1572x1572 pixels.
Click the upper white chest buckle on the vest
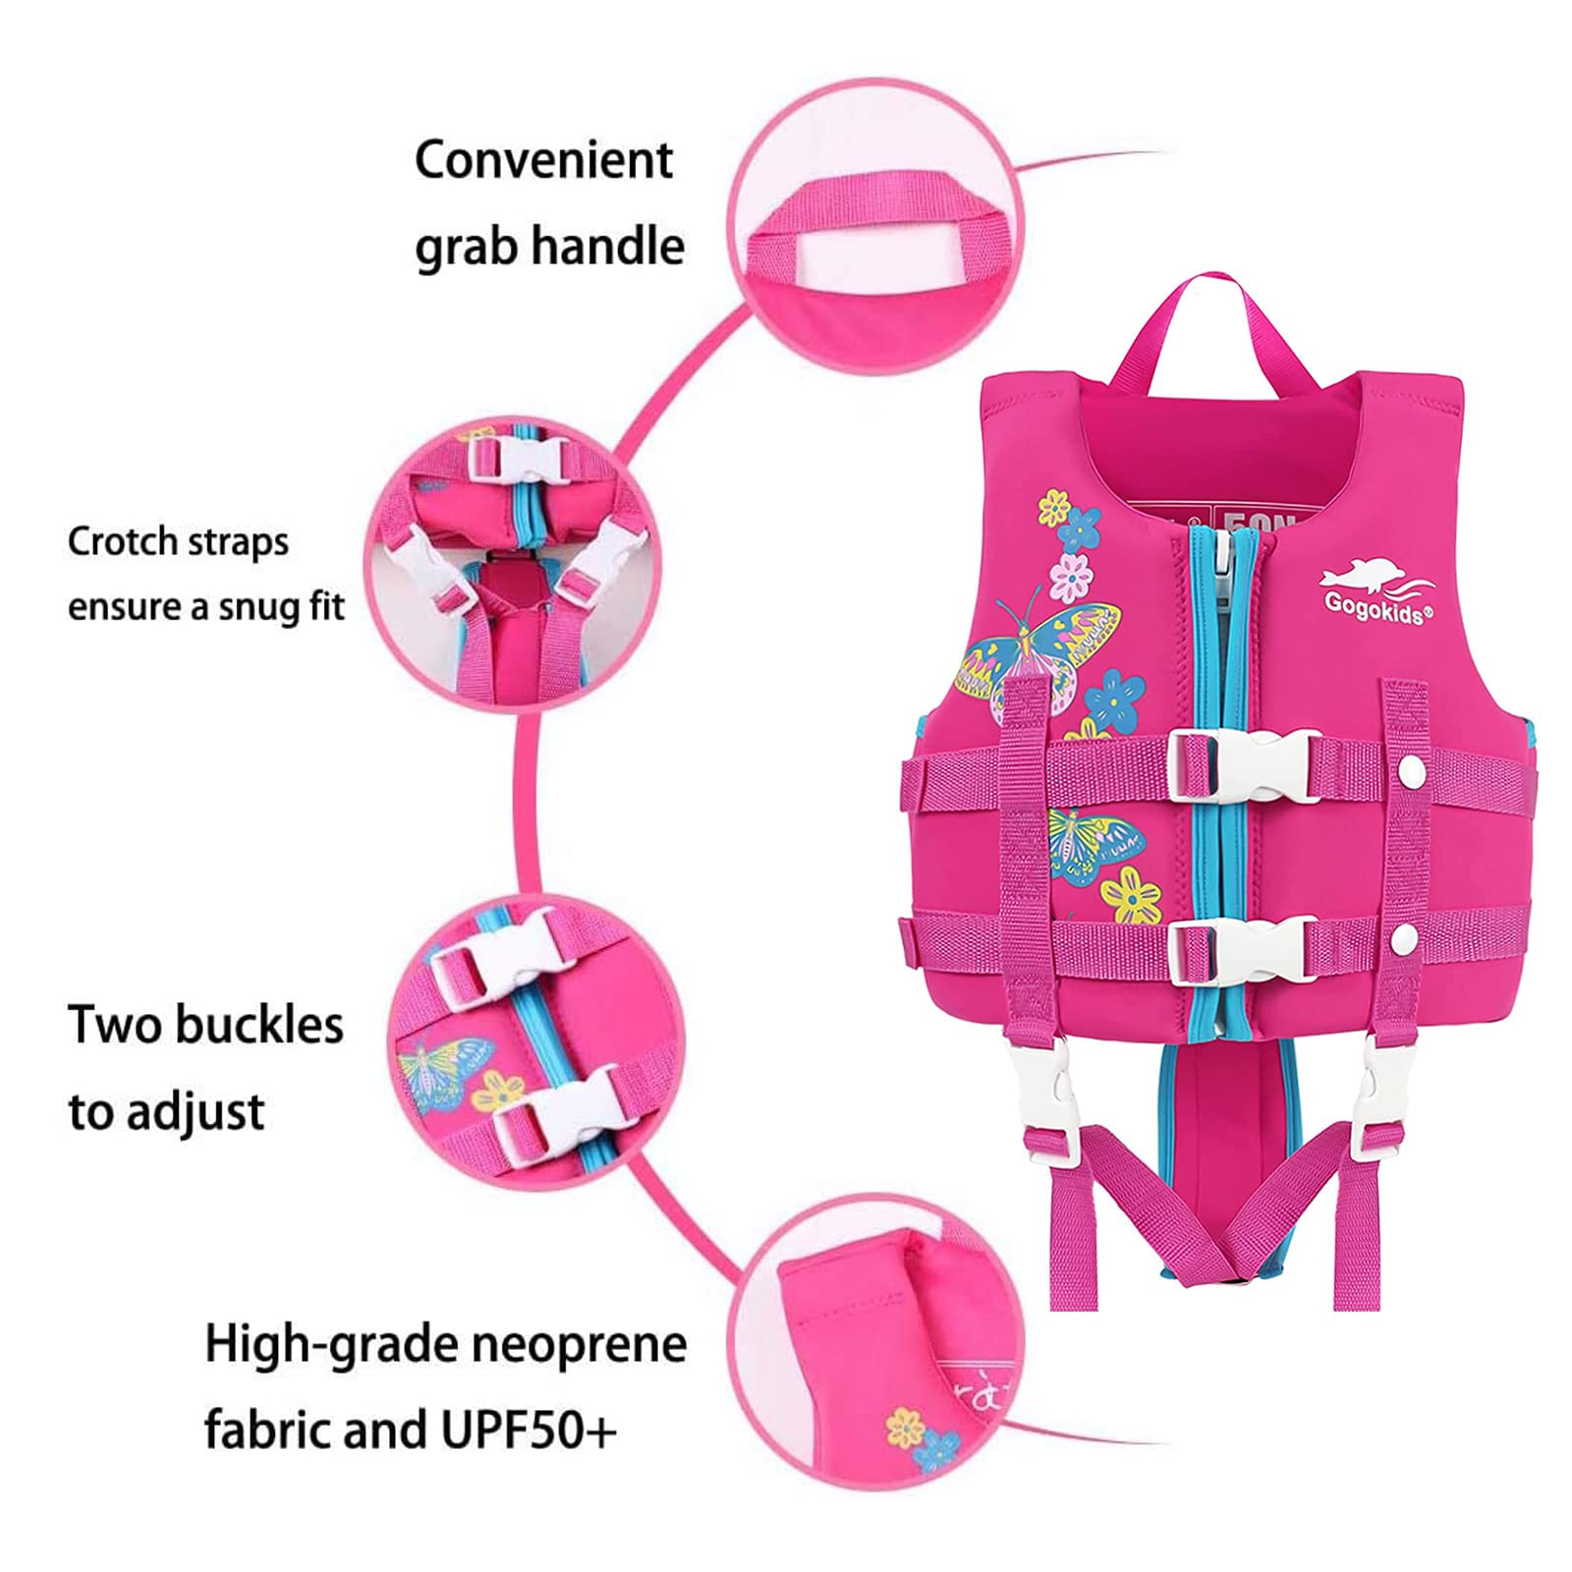click(1244, 769)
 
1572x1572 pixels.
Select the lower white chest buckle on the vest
click(1244, 948)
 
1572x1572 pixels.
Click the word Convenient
click(543, 160)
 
